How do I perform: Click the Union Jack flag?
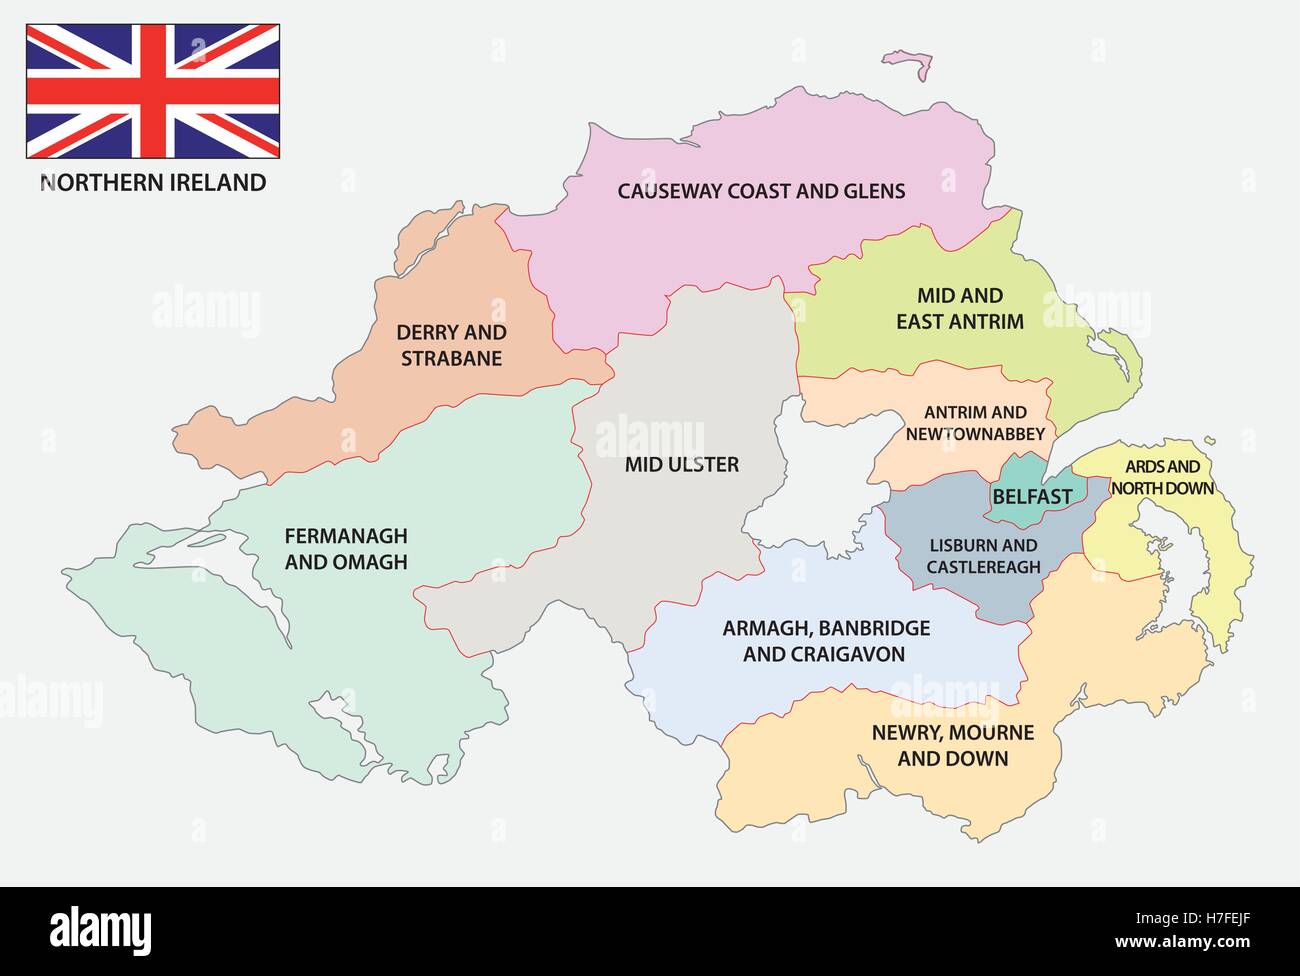(152, 91)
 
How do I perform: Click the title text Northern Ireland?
(153, 182)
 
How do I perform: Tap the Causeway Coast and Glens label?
(761, 191)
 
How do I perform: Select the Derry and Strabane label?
(451, 345)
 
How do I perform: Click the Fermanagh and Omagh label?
(346, 549)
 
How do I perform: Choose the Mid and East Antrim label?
(959, 308)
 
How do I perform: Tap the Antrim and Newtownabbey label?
(975, 423)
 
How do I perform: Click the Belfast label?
(1032, 496)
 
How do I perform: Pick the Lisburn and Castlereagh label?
(983, 556)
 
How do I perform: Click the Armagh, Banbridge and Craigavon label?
(825, 641)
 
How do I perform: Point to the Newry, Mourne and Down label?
(952, 745)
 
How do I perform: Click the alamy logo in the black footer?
(100, 930)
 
